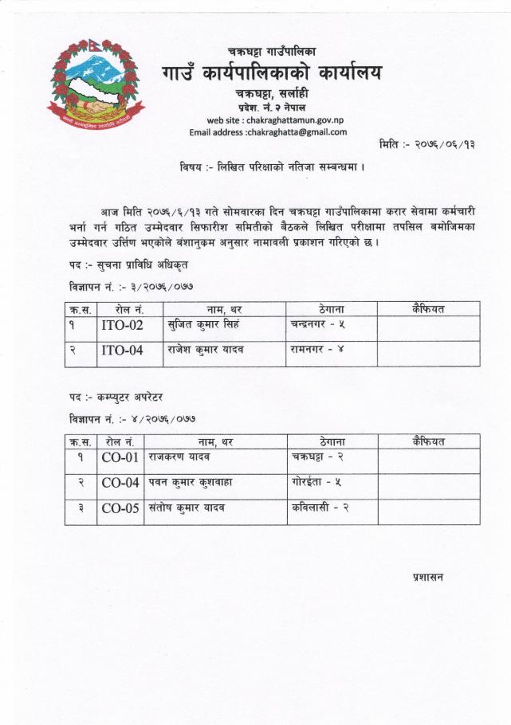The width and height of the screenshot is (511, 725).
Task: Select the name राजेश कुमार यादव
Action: click(x=205, y=349)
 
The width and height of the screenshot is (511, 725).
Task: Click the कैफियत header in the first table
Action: click(x=429, y=308)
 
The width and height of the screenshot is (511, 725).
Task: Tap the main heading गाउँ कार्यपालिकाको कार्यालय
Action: click(x=271, y=74)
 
